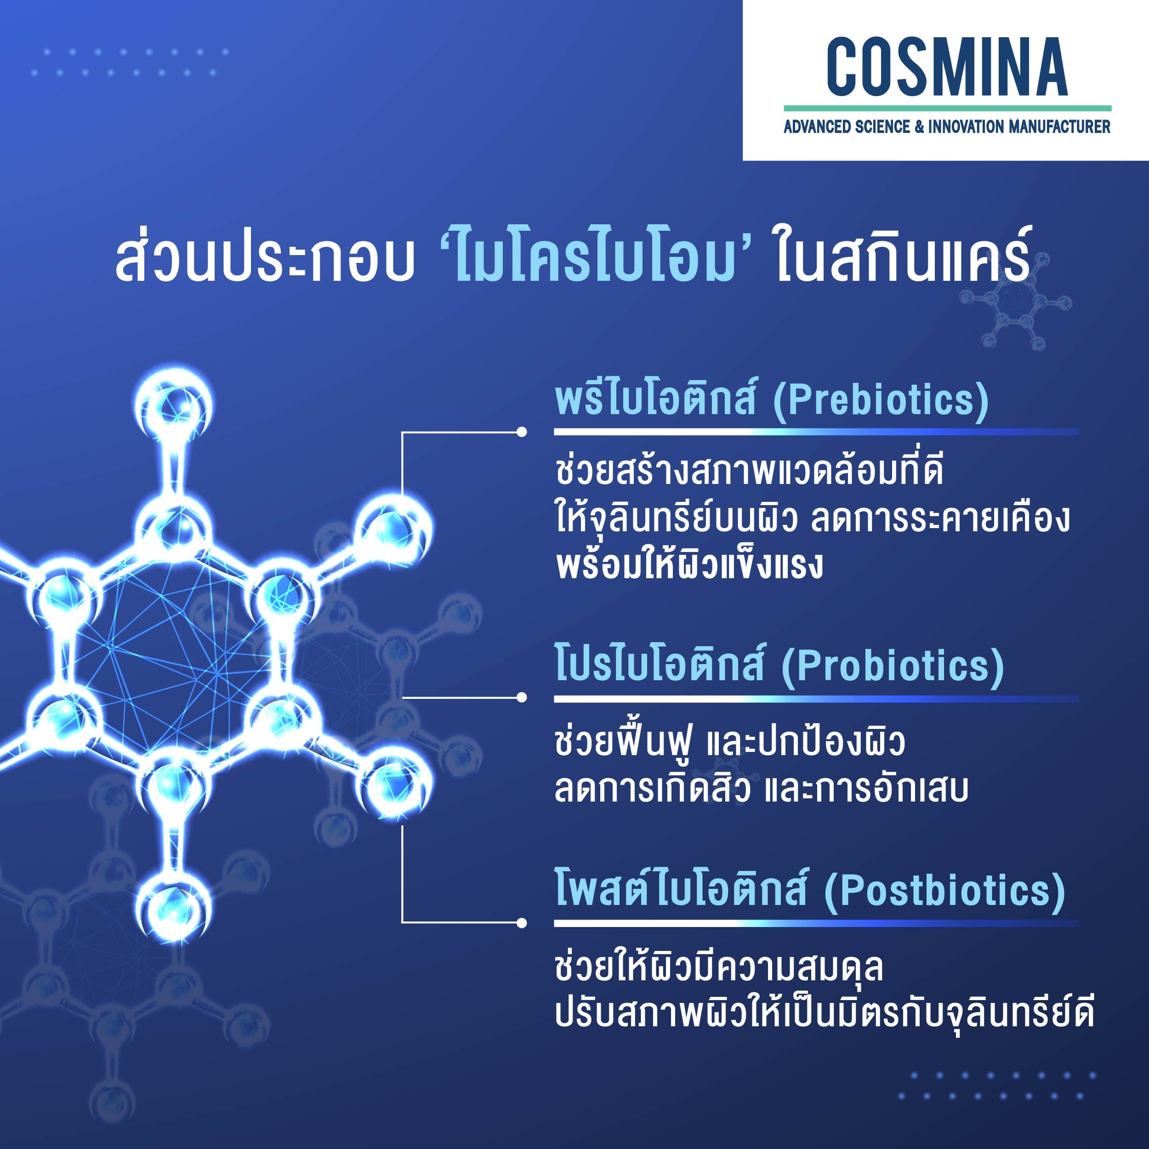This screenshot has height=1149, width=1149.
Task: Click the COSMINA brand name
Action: coord(947,67)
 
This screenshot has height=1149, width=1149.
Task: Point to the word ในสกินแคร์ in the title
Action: coord(903,257)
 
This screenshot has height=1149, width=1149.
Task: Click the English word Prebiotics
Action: coord(881,400)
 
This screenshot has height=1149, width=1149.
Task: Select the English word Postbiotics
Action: coord(944,891)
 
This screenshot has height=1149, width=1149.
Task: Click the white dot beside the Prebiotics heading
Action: coord(522,432)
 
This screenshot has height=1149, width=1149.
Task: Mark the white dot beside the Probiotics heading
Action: coord(522,697)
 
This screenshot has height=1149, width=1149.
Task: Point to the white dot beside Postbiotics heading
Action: coord(522,923)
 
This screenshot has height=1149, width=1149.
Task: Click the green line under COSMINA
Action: coord(947,108)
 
